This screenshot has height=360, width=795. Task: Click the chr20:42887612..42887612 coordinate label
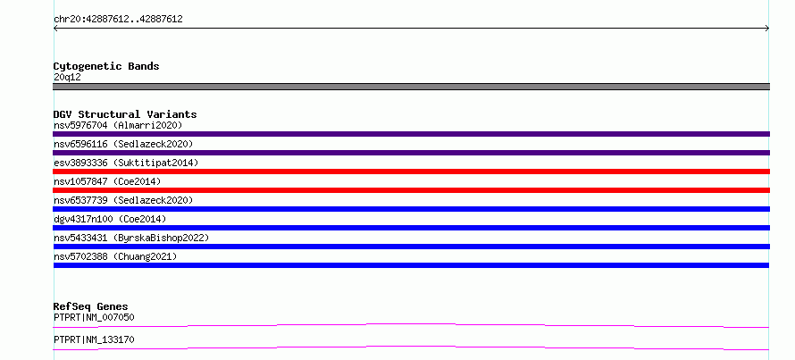(x=118, y=20)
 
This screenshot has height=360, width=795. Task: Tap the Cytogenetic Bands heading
(x=106, y=66)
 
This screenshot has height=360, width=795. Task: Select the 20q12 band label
(x=67, y=78)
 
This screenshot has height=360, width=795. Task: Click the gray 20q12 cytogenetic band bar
(x=411, y=87)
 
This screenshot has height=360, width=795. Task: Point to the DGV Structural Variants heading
(x=125, y=114)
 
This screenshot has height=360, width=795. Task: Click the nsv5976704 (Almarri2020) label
(x=118, y=125)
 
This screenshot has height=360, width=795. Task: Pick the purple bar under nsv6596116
(x=411, y=153)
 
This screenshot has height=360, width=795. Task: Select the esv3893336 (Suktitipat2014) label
(x=126, y=163)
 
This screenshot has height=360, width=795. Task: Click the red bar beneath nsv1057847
(x=411, y=190)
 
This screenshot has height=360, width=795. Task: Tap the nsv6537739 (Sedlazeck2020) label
(x=123, y=200)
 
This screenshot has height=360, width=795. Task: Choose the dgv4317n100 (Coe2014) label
(x=110, y=219)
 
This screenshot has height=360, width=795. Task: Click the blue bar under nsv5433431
(x=411, y=247)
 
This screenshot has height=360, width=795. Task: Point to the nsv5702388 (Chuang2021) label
(x=115, y=256)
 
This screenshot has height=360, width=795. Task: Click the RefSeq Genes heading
(x=90, y=306)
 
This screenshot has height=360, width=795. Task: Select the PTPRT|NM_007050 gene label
(x=94, y=318)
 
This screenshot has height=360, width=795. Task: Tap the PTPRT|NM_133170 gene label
(x=94, y=339)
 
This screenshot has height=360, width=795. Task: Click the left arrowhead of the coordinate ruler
(x=54, y=29)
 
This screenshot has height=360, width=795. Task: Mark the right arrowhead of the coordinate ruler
(x=768, y=29)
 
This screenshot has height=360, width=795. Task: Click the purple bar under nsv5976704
(x=411, y=134)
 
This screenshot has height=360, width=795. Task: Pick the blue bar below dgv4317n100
(x=411, y=228)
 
